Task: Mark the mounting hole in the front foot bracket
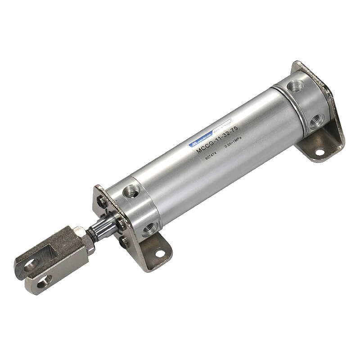coord(159,253)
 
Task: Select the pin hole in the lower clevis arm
coord(44,282)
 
